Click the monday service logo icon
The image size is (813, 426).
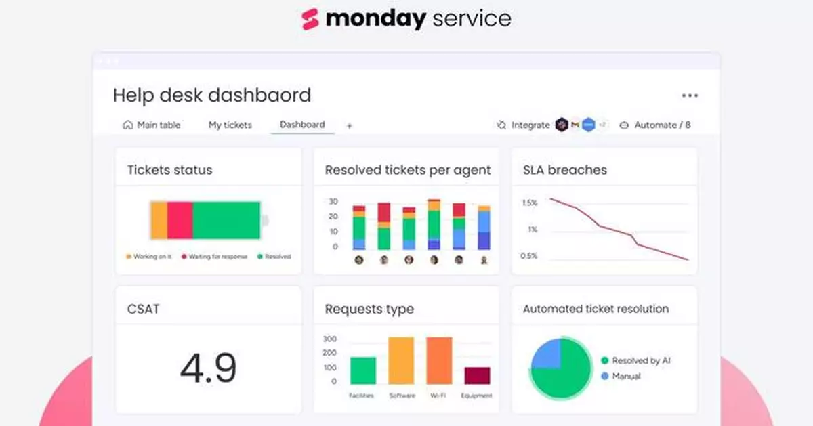(x=310, y=19)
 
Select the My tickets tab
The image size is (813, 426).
(x=230, y=125)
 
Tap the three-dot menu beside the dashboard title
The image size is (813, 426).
(x=690, y=95)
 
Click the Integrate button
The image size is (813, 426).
(x=523, y=125)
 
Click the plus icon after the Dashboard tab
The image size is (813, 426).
(x=350, y=125)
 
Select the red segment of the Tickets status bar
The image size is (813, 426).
(x=180, y=220)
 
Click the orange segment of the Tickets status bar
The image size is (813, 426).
(x=159, y=220)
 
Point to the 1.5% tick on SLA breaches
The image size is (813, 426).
(x=529, y=203)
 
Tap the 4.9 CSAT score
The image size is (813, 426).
(x=208, y=368)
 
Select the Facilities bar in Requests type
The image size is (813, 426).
(x=362, y=370)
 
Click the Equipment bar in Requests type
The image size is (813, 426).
(x=477, y=376)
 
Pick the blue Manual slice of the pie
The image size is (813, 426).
(x=546, y=354)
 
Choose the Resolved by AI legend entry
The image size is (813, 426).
(x=635, y=360)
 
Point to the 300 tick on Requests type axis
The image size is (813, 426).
(x=329, y=339)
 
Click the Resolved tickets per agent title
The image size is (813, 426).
(x=407, y=170)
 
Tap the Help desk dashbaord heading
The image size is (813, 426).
(x=211, y=95)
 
